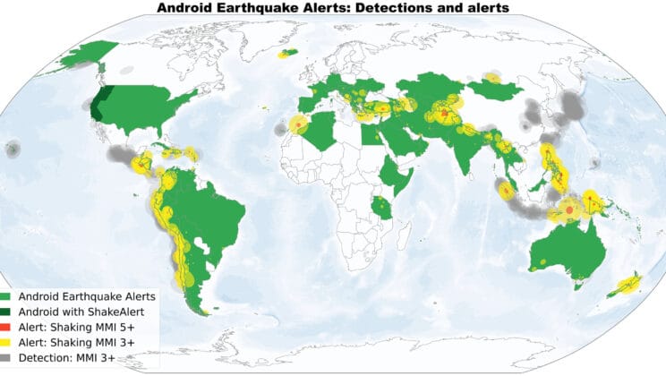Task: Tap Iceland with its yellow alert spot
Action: point(288,54)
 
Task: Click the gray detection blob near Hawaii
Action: point(13,150)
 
